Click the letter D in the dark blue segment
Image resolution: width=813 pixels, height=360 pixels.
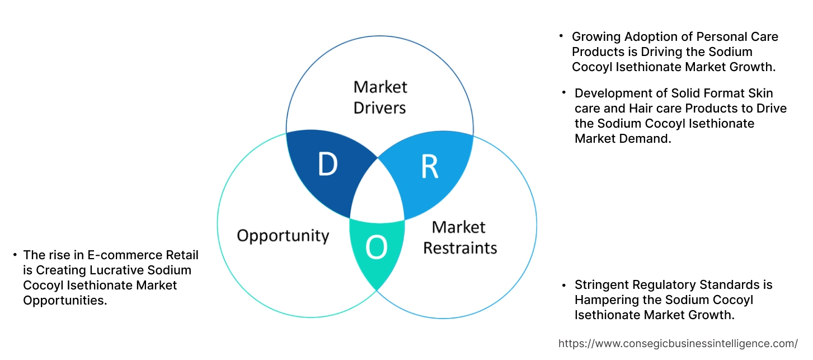[327, 164]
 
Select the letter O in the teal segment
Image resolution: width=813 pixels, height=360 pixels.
[377, 247]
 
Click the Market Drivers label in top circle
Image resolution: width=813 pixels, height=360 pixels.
[380, 97]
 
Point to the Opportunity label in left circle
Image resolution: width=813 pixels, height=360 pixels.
[283, 235]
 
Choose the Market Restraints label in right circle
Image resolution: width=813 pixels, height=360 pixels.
[459, 237]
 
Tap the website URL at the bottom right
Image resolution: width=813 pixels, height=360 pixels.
[678, 343]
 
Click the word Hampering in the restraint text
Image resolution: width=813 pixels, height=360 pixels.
[604, 300]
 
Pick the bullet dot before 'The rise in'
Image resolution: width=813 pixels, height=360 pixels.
[15, 255]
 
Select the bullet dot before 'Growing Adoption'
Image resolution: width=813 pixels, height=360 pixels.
[561, 36]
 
